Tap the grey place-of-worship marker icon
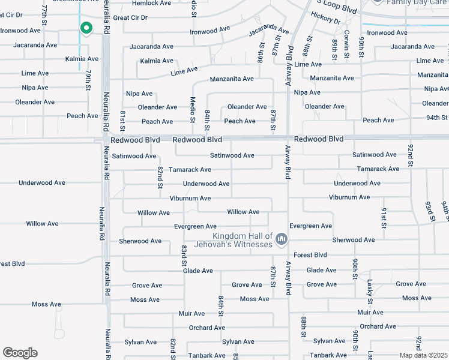[280, 241]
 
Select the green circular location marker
[86, 28]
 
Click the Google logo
[20, 353]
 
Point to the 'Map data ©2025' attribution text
[423, 355]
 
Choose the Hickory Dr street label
[325, 20]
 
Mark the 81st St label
[122, 121]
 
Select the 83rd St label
[178, 256]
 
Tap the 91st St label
[382, 219]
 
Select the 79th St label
[88, 80]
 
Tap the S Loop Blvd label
[337, 7]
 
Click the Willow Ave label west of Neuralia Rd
[42, 224]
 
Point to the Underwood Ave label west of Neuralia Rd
[41, 182]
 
